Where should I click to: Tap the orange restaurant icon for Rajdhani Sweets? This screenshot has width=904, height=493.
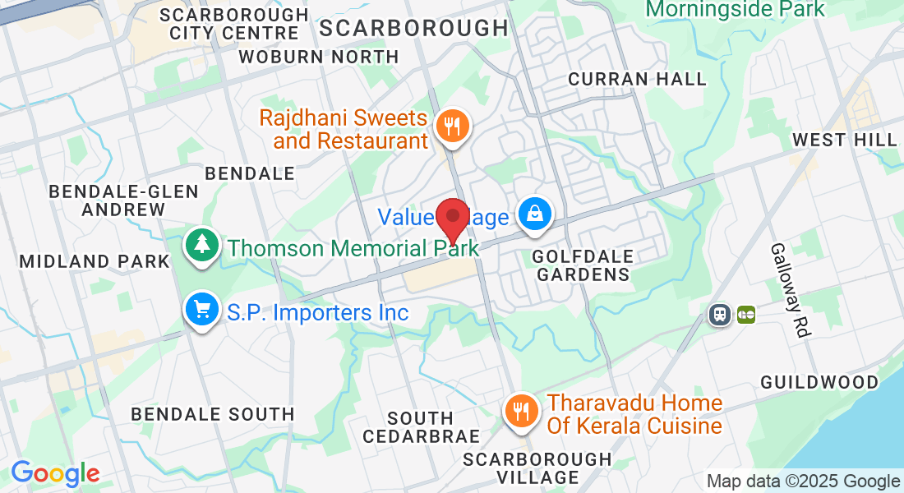[x=450, y=127]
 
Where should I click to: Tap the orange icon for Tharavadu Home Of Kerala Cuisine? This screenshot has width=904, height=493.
[x=520, y=412]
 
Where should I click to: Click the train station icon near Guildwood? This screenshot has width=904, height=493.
[x=721, y=314]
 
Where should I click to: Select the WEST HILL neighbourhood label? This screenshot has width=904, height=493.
[x=844, y=141]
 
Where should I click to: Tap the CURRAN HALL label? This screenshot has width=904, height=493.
[x=637, y=79]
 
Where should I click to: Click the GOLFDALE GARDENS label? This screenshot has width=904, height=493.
[x=581, y=265]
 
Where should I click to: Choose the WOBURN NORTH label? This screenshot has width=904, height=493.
[x=318, y=58]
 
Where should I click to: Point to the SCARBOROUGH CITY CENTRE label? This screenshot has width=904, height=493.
[x=234, y=24]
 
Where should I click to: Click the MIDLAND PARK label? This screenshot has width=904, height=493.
[x=94, y=261]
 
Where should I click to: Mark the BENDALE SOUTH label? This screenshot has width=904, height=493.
[x=213, y=414]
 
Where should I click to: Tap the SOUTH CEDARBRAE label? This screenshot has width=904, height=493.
[x=421, y=427]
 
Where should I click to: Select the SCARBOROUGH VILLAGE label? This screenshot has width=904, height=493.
[x=537, y=468]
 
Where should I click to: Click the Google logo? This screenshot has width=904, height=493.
[x=55, y=474]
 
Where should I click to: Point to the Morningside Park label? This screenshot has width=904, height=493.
[x=735, y=9]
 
